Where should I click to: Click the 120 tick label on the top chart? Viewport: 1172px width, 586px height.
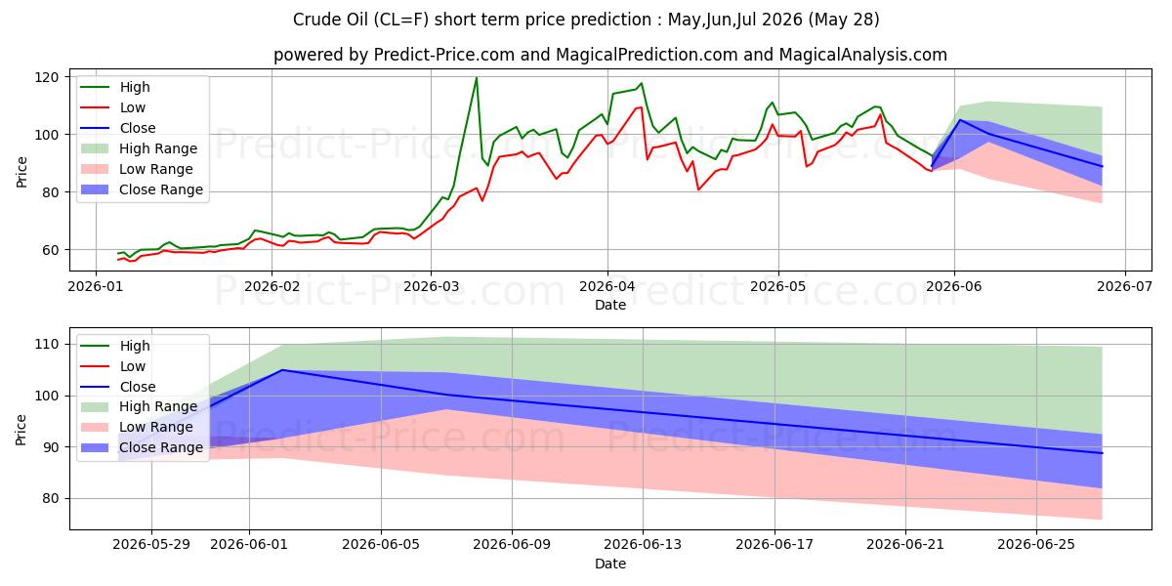point(47,77)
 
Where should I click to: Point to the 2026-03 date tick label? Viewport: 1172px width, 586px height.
point(431,286)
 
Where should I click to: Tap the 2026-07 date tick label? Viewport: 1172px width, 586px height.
point(1124,286)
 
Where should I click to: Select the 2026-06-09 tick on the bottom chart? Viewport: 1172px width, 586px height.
point(512,545)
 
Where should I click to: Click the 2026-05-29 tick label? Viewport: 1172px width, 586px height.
point(151,545)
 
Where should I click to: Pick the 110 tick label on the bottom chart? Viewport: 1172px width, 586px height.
point(47,344)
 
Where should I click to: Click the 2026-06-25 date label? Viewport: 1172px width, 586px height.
point(1036,545)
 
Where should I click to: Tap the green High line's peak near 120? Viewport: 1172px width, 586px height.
point(477,78)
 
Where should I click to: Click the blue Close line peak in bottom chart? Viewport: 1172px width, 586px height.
point(282,370)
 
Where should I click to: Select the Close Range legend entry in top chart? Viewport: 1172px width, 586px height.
point(142,189)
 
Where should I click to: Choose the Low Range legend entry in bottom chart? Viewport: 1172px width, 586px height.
point(137,427)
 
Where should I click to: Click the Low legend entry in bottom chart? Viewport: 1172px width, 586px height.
point(112,366)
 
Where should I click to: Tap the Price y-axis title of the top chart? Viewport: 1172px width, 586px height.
point(21,172)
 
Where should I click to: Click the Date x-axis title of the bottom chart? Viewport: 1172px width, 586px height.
point(610,564)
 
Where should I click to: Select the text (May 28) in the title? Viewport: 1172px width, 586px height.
point(844,20)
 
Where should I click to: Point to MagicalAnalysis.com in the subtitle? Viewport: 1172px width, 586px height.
point(862,55)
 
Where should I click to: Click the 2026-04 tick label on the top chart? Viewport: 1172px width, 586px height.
point(607,286)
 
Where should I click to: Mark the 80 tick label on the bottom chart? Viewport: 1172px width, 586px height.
point(50,499)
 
